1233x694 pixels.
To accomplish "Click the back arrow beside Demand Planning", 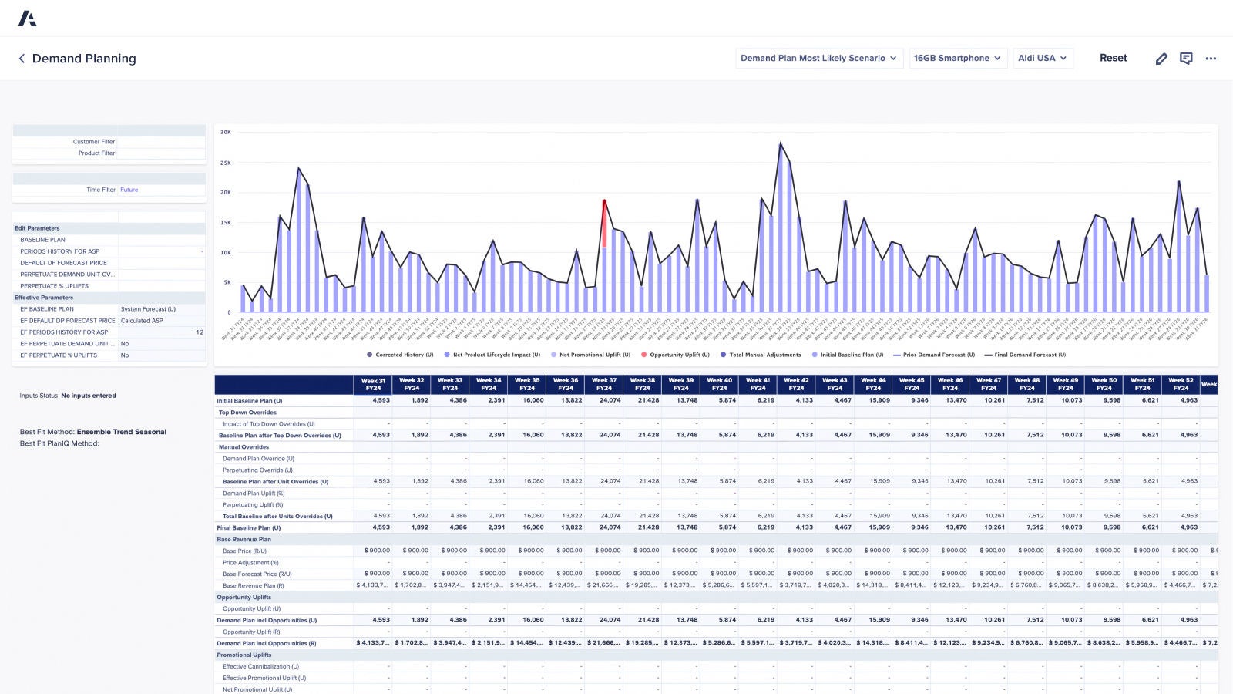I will coord(22,59).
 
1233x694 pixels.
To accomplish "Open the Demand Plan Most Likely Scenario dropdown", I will coord(818,58).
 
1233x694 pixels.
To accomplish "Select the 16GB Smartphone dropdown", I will coord(957,58).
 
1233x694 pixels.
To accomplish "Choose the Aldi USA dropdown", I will coord(1042,58).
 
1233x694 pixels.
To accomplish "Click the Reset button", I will coord(1113,58).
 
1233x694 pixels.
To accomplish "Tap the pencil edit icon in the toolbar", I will coord(1161,59).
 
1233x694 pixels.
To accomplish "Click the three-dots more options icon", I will coord(1211,59).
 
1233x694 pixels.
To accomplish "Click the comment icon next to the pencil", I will coord(1186,59).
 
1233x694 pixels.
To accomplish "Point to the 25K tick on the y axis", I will coord(226,163).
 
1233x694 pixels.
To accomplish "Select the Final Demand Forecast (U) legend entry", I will coord(1029,355).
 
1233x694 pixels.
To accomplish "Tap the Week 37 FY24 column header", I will coord(603,384).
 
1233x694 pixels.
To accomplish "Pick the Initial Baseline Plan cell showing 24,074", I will coord(609,400).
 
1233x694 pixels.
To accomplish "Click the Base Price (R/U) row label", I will coord(244,551).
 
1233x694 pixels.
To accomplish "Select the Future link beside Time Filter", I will coord(129,190).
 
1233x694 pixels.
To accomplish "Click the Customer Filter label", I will coord(93,142).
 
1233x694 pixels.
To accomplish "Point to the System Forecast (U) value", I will coord(148,309).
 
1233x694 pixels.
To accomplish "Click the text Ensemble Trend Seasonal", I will coord(121,432).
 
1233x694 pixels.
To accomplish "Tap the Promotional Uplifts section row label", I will coord(244,655).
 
